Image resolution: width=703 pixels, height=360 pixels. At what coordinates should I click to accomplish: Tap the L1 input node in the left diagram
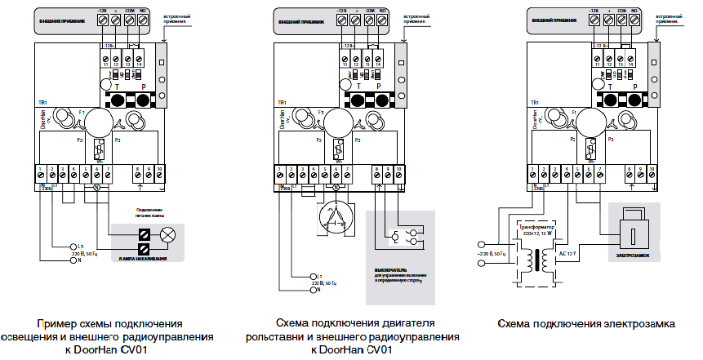[71, 246]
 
